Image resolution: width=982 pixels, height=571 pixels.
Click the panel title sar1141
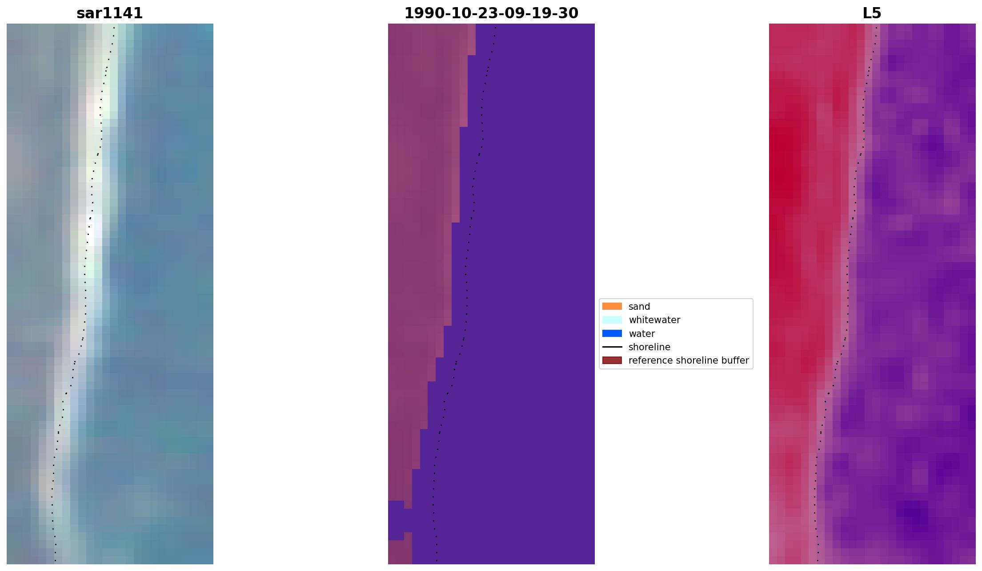[x=110, y=13]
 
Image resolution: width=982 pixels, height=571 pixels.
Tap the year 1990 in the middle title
[x=419, y=13]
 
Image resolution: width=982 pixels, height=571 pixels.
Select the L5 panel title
[x=872, y=13]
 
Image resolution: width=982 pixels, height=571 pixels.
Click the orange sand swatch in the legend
[x=612, y=306]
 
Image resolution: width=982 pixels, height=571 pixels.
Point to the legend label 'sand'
[x=639, y=307]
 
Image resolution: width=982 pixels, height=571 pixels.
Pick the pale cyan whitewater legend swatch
[x=612, y=320]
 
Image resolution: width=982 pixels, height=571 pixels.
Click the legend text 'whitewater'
[x=654, y=320]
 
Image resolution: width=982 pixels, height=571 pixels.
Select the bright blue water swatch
[x=612, y=333]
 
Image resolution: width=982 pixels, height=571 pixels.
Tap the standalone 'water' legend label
[x=641, y=334]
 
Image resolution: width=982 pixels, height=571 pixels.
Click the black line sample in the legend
[x=612, y=347]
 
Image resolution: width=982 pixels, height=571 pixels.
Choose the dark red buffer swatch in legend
[x=612, y=360]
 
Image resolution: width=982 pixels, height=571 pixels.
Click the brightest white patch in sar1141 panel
[x=94, y=229]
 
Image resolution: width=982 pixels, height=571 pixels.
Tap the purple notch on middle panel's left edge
[x=396, y=520]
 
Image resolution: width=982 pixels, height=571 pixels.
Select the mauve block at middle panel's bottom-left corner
[x=399, y=552]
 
